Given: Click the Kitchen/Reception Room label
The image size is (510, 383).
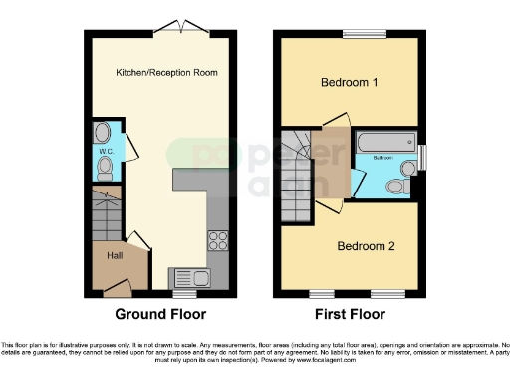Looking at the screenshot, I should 166,73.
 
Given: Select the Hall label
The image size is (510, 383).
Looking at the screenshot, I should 115,255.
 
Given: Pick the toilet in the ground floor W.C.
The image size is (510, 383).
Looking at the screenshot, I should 105,170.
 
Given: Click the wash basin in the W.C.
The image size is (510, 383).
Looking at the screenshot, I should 104,132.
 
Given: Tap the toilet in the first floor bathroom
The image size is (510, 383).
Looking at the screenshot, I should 396,187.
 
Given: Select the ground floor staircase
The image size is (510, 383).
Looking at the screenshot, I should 102,214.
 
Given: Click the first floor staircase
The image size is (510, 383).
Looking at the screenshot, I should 296,175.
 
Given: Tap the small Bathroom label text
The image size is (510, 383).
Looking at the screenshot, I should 383,158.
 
